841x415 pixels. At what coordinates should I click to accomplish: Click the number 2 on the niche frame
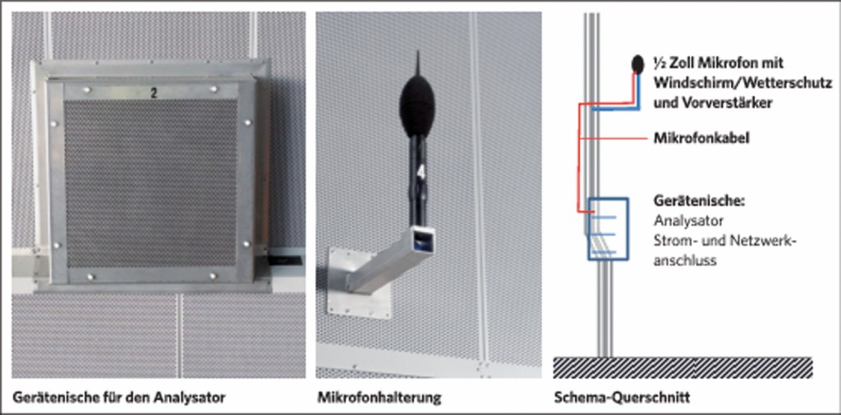[154, 94]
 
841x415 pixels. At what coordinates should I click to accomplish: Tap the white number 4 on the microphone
[421, 172]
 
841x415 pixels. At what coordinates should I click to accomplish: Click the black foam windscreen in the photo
[416, 107]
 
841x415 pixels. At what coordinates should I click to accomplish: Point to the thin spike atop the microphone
[418, 64]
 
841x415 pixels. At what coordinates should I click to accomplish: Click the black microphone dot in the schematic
[637, 64]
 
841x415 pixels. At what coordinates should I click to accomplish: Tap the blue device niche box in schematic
[608, 228]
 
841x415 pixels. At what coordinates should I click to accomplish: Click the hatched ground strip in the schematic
[682, 368]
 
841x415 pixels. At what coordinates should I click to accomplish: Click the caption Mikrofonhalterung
[379, 398]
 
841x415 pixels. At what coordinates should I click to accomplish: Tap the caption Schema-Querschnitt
[622, 398]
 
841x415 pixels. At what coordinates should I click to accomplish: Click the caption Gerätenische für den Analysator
[118, 398]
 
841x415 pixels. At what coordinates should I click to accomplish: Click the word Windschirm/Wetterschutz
[742, 83]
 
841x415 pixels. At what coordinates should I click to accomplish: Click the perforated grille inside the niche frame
[151, 183]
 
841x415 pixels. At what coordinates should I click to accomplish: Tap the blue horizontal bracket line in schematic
[616, 109]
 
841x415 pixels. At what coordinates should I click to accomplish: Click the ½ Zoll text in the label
[672, 63]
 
